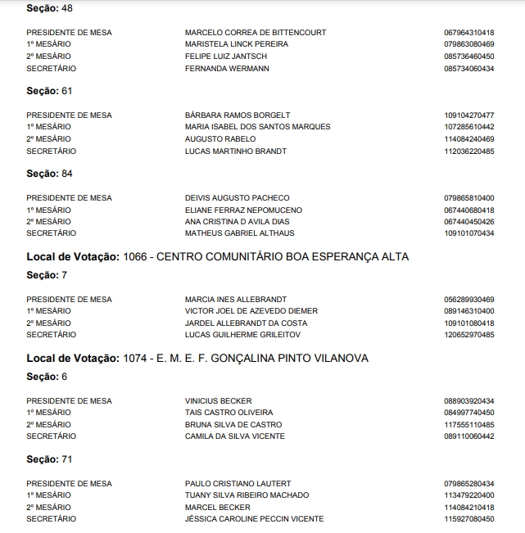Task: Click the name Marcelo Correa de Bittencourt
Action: (x=256, y=33)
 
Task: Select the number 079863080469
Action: (x=468, y=44)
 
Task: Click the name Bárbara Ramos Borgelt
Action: (x=238, y=115)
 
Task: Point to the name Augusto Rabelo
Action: (x=220, y=139)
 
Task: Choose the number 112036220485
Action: (x=468, y=151)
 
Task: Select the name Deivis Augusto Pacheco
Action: (x=237, y=198)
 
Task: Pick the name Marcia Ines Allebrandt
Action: (x=235, y=299)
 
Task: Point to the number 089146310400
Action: (x=468, y=311)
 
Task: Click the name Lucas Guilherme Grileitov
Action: (x=242, y=335)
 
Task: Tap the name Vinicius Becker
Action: (x=218, y=400)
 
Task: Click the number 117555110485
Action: (x=468, y=425)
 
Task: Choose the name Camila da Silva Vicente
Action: (x=234, y=436)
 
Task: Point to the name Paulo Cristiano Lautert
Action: (x=238, y=484)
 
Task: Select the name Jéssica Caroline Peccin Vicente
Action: (x=254, y=519)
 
